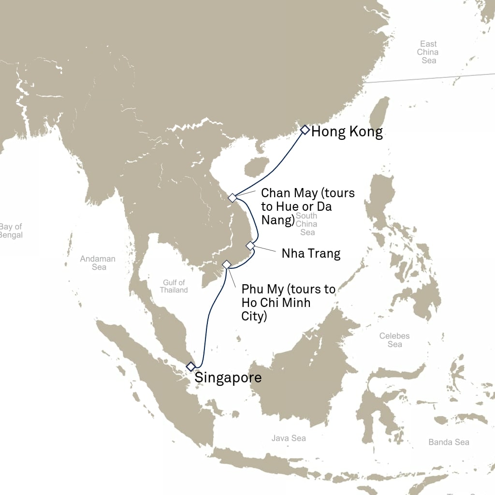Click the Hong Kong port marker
(x=305, y=130)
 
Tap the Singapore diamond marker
(x=191, y=366)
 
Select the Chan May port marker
(x=233, y=198)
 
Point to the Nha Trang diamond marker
(x=250, y=246)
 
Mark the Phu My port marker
(x=226, y=264)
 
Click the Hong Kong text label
(x=347, y=132)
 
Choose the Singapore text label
(x=228, y=378)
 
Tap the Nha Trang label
(x=311, y=253)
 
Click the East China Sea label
(x=428, y=52)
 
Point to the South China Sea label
(x=307, y=224)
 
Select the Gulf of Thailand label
(x=174, y=286)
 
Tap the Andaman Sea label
(x=98, y=263)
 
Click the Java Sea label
(x=289, y=438)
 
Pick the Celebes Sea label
(x=394, y=340)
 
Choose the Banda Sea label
(x=449, y=442)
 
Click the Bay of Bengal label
(x=11, y=231)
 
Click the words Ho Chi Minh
(x=276, y=303)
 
